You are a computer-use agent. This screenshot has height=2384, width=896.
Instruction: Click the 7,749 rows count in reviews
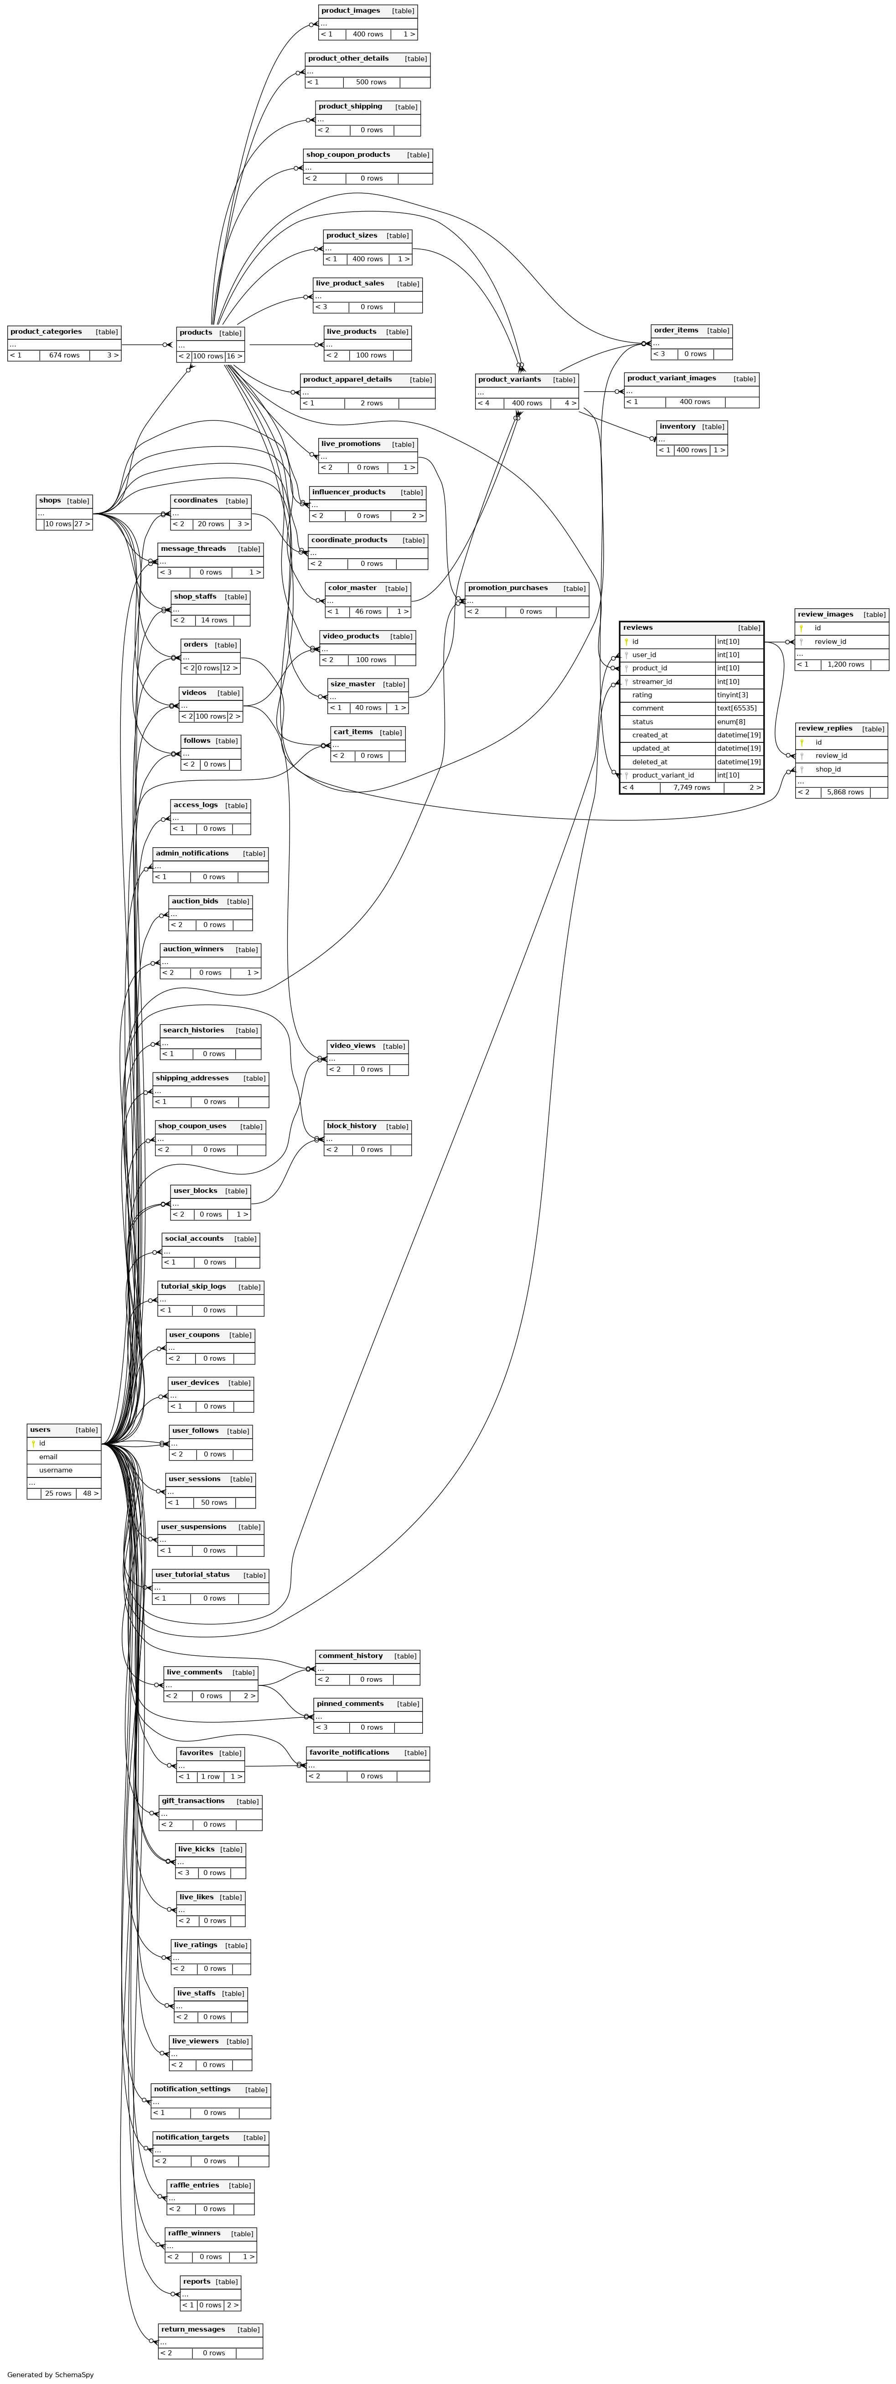[x=691, y=788]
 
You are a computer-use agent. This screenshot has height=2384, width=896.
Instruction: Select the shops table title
[x=50, y=501]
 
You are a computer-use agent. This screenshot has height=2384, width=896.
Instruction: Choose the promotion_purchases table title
[x=507, y=588]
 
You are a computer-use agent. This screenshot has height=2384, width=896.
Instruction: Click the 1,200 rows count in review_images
[x=845, y=664]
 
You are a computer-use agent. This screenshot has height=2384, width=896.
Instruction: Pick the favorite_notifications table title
[x=349, y=1752]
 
